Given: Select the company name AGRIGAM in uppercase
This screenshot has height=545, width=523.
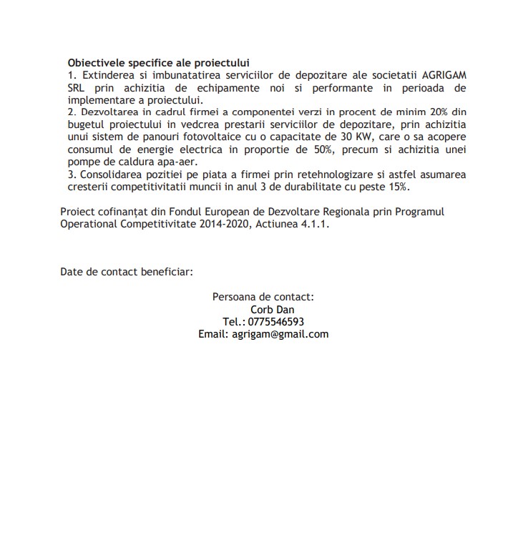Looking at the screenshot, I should pos(441,75).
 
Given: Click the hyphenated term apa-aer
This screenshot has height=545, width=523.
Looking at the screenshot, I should pos(178,162).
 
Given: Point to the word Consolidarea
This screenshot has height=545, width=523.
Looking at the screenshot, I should pos(113,175).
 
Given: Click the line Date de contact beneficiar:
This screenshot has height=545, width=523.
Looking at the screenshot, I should pos(126,272).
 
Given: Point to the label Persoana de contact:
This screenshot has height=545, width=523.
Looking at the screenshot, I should pos(263,297).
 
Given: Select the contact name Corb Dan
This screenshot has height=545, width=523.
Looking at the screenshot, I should pos(268,310).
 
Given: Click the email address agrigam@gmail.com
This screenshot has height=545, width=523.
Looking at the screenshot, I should pos(280,334).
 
